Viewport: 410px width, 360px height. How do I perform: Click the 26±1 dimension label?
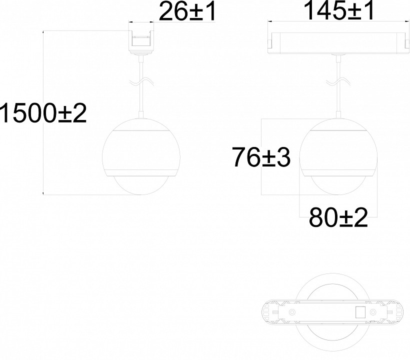click(187, 11)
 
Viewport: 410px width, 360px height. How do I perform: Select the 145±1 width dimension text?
click(339, 10)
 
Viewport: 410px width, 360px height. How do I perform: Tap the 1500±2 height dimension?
click(43, 113)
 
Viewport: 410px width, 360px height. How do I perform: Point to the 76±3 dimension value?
click(261, 157)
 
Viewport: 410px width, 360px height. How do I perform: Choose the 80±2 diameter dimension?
click(338, 217)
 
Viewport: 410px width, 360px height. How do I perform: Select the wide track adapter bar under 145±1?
click(338, 43)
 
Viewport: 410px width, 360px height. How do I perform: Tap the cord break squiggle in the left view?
click(141, 82)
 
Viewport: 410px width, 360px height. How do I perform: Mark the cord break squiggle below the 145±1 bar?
click(338, 82)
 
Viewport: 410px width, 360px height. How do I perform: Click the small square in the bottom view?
click(360, 311)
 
